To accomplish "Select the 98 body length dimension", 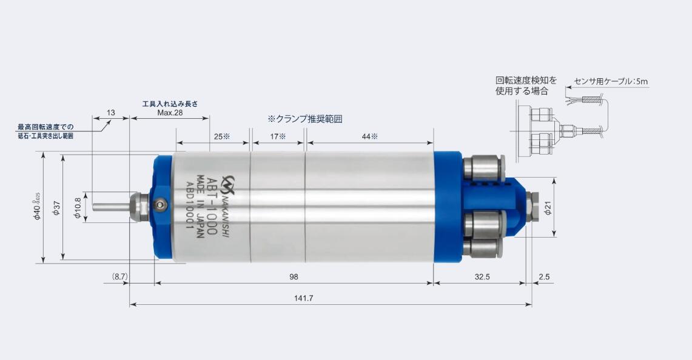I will tap(294, 276).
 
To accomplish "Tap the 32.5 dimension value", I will tap(482, 276).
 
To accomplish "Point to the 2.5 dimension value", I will tap(543, 276).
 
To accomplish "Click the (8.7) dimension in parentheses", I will tap(119, 276).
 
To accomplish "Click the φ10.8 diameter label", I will tap(77, 208).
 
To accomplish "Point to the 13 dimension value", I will tap(110, 113).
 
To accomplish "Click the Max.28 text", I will tap(170, 113).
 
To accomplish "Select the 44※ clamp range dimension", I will tap(369, 137).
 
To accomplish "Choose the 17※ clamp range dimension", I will tap(277, 137).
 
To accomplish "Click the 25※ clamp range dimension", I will tap(222, 137).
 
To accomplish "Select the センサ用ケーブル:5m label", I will tap(611, 81).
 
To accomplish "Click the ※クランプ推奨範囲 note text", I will tap(304, 119).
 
